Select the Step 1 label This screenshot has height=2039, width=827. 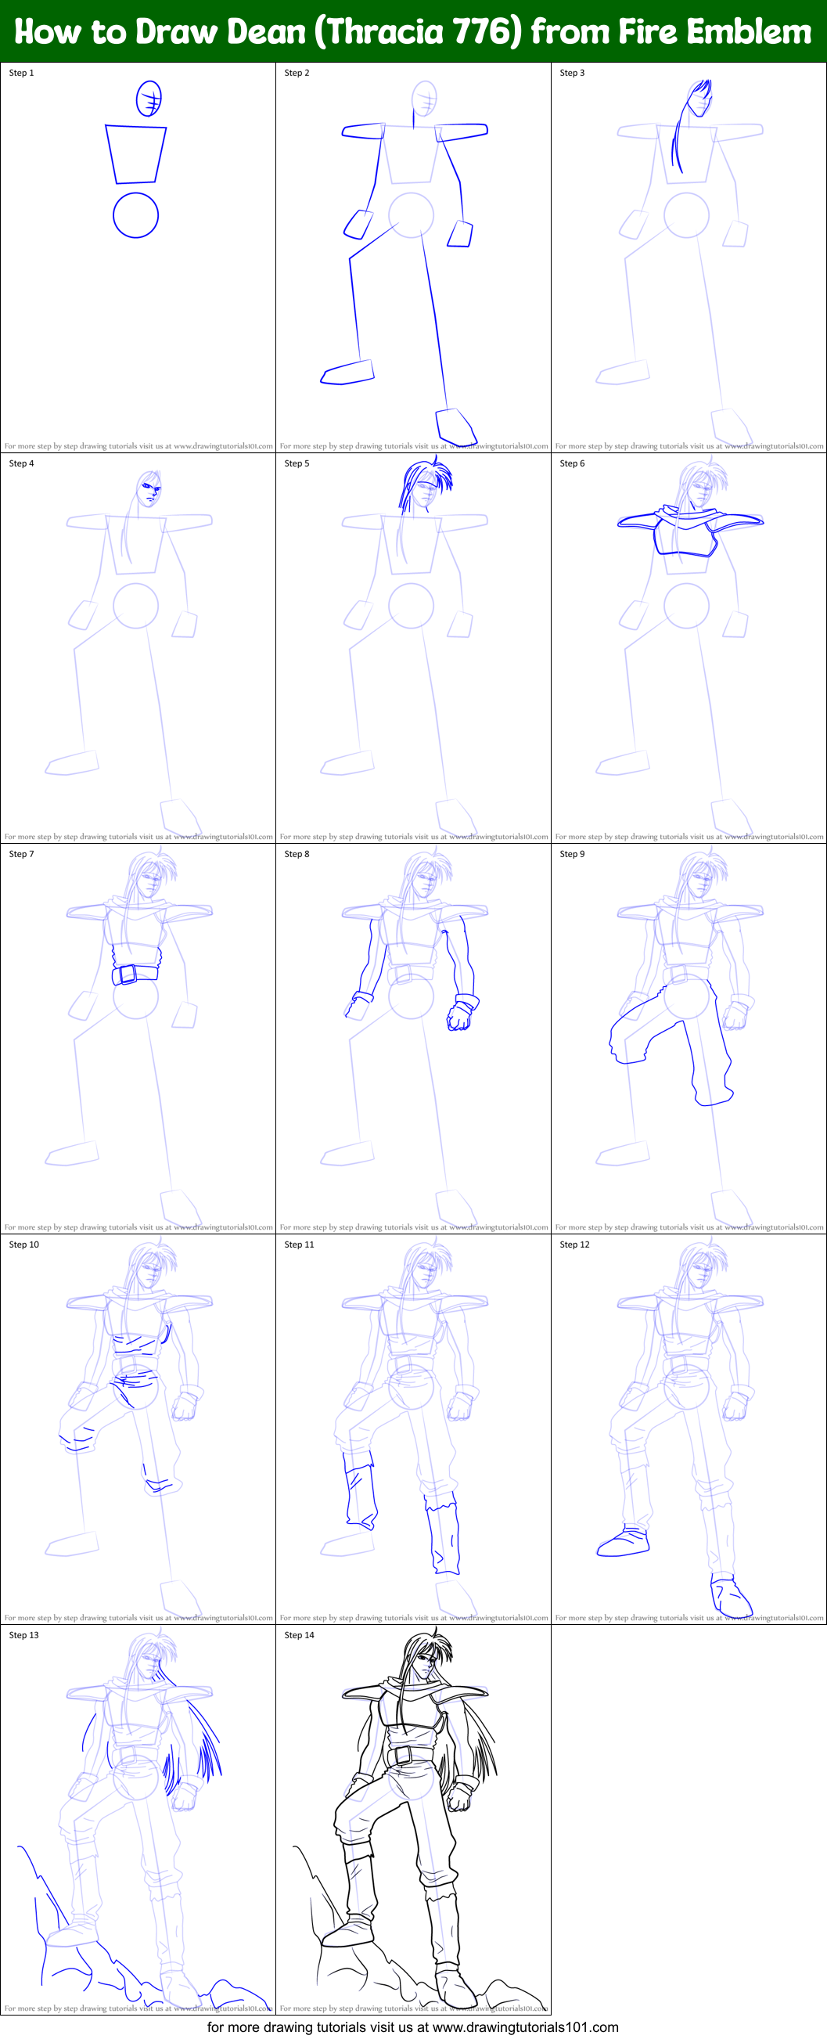pyautogui.click(x=21, y=73)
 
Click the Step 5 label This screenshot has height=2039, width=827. pyautogui.click(x=297, y=463)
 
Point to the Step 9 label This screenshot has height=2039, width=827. pyautogui.click(x=572, y=854)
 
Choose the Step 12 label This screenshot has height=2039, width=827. pyautogui.click(x=574, y=1245)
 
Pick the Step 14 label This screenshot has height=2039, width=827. pyautogui.click(x=299, y=1634)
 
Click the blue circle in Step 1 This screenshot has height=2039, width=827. pyautogui.click(x=135, y=215)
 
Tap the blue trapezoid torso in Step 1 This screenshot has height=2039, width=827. pyautogui.click(x=136, y=153)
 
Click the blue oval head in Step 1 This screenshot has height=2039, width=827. pyautogui.click(x=149, y=99)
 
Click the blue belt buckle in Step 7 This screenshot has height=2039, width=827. pyautogui.click(x=125, y=974)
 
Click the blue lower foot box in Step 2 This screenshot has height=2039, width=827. pyautogui.click(x=456, y=426)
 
